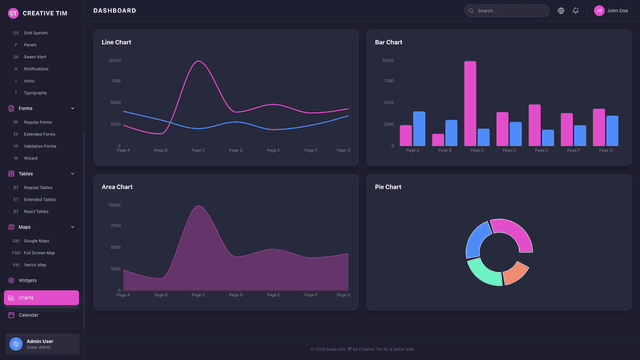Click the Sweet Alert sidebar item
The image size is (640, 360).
pyautogui.click(x=34, y=57)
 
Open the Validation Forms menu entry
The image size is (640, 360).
pyautogui.click(x=39, y=146)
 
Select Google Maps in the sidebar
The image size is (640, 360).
pyautogui.click(x=36, y=241)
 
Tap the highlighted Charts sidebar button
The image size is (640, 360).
pyautogui.click(x=41, y=298)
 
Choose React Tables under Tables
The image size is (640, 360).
pyautogui.click(x=37, y=212)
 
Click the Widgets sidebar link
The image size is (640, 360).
pyautogui.click(x=27, y=280)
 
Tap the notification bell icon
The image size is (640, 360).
pyautogui.click(x=576, y=11)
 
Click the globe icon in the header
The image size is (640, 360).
pyautogui.click(x=561, y=11)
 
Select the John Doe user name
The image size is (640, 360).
pyautogui.click(x=617, y=11)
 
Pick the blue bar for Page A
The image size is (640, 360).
pyautogui.click(x=419, y=129)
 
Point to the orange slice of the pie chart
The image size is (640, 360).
pyautogui.click(x=515, y=272)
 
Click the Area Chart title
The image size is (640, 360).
pyautogui.click(x=117, y=187)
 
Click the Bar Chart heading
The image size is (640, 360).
pyautogui.click(x=388, y=42)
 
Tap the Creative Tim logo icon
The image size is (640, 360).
pyautogui.click(x=13, y=13)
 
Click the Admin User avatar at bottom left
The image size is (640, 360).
pyautogui.click(x=15, y=344)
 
